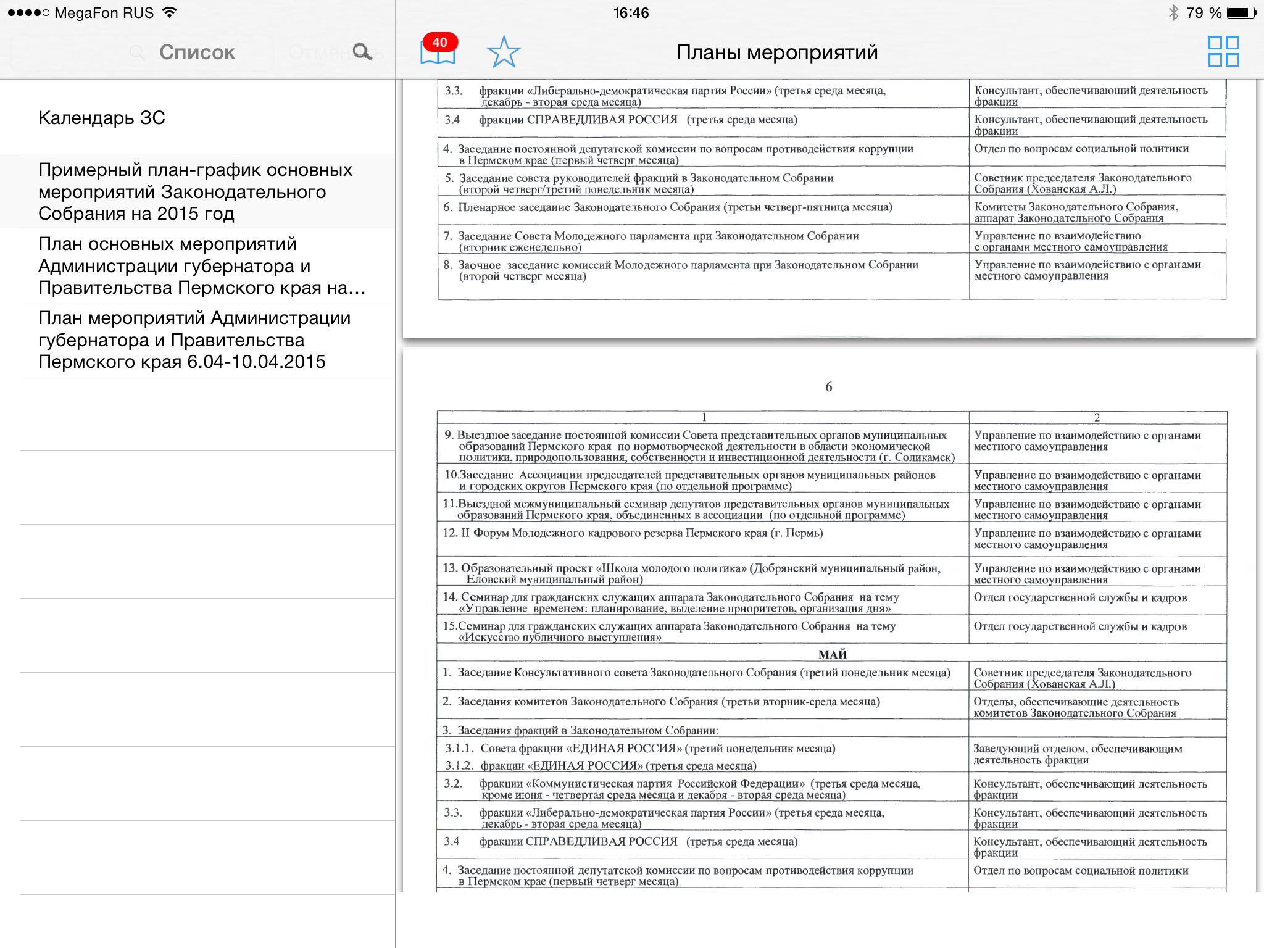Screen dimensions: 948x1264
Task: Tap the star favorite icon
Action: pyautogui.click(x=504, y=52)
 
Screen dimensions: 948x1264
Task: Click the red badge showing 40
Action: pyautogui.click(x=439, y=43)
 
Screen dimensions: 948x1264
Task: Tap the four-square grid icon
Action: pyautogui.click(x=1223, y=51)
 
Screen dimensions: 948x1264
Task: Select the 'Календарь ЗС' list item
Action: pyautogui.click(x=102, y=118)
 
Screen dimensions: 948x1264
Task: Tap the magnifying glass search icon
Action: pyautogui.click(x=362, y=52)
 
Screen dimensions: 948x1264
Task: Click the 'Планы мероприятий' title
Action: pyautogui.click(x=776, y=52)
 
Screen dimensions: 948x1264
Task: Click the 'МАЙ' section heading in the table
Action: pyautogui.click(x=832, y=654)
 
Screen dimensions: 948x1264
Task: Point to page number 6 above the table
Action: pyautogui.click(x=828, y=387)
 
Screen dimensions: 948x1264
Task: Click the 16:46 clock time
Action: pyautogui.click(x=631, y=13)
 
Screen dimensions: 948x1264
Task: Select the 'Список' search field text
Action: pyautogui.click(x=197, y=52)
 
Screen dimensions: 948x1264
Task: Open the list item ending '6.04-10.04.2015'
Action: pyautogui.click(x=194, y=339)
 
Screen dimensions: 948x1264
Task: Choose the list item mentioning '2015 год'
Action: pyautogui.click(x=195, y=191)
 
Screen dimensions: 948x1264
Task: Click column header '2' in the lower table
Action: pyautogui.click(x=1097, y=417)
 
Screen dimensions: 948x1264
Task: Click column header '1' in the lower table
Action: pyautogui.click(x=704, y=417)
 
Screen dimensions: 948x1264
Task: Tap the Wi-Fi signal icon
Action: pyautogui.click(x=169, y=12)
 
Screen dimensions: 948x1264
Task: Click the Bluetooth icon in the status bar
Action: pyautogui.click(x=1173, y=13)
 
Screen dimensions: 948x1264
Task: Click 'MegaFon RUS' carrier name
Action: pyautogui.click(x=104, y=13)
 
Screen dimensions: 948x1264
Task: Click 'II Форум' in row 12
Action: pyautogui.click(x=484, y=533)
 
